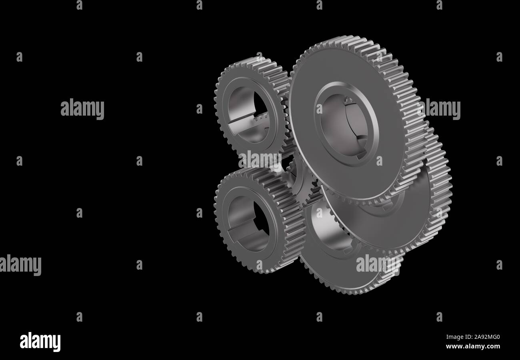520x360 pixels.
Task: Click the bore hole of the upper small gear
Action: [x=248, y=115]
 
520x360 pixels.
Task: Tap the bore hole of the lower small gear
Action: [x=248, y=224]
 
